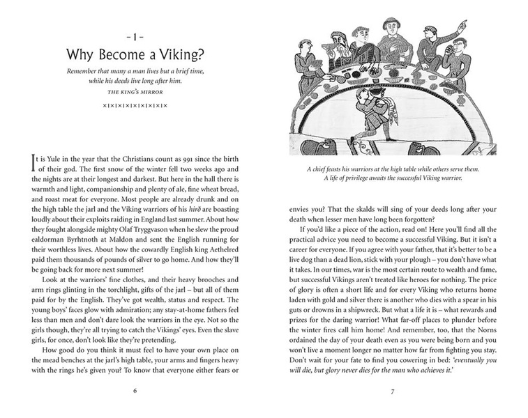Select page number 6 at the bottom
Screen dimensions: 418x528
(134, 389)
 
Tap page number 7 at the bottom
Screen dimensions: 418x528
(393, 389)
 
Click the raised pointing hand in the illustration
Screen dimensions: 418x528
(462, 26)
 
